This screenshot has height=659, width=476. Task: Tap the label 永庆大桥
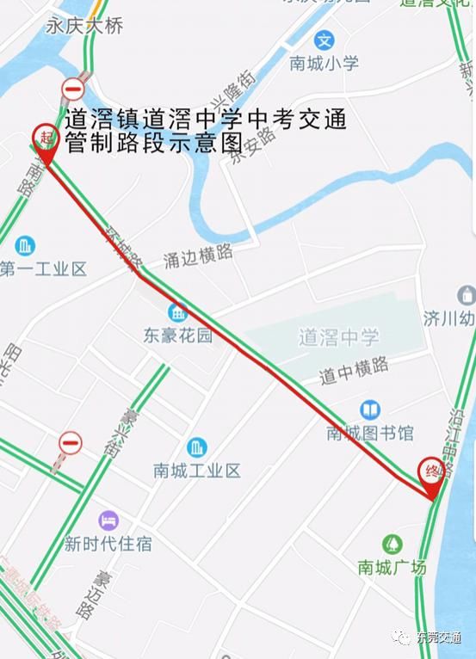pyautogui.click(x=84, y=26)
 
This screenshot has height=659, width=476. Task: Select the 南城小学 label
pyautogui.click(x=324, y=63)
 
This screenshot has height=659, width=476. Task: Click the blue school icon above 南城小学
pyautogui.click(x=324, y=40)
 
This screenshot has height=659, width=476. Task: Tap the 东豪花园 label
pyautogui.click(x=178, y=336)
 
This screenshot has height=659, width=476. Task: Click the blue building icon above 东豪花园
pyautogui.click(x=178, y=312)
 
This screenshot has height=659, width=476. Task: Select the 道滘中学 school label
pyautogui.click(x=338, y=338)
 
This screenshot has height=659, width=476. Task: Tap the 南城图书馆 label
pyautogui.click(x=370, y=433)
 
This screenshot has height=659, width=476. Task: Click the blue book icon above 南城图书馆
pyautogui.click(x=371, y=410)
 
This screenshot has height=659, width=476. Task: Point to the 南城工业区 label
pyautogui.click(x=197, y=471)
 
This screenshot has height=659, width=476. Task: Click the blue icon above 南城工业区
pyautogui.click(x=197, y=447)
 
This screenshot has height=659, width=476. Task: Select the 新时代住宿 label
pyautogui.click(x=108, y=544)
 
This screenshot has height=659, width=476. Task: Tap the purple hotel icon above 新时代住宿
pyautogui.click(x=108, y=520)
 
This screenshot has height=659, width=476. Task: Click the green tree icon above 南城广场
pyautogui.click(x=393, y=544)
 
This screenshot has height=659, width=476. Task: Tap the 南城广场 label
pyautogui.click(x=393, y=567)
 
